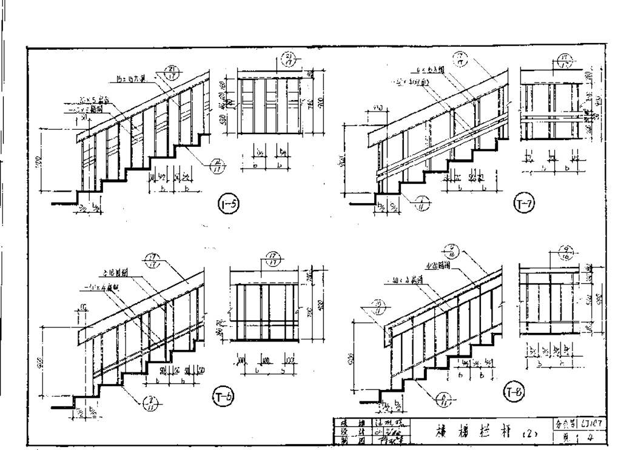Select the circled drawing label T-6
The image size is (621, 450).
coord(224,395)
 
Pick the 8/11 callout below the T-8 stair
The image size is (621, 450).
coord(445,398)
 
